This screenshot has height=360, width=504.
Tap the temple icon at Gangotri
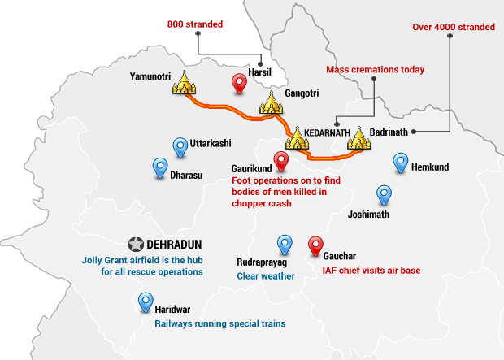(x=271, y=102)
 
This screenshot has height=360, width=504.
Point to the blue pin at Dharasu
(x=160, y=167)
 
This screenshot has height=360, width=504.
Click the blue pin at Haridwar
(x=145, y=302)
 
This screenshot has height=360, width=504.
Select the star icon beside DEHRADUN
(x=136, y=244)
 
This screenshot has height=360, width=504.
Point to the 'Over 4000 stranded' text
(x=453, y=27)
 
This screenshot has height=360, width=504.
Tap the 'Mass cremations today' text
(x=375, y=70)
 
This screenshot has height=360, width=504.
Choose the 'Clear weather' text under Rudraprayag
(x=265, y=276)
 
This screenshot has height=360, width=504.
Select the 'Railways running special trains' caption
(x=220, y=323)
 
